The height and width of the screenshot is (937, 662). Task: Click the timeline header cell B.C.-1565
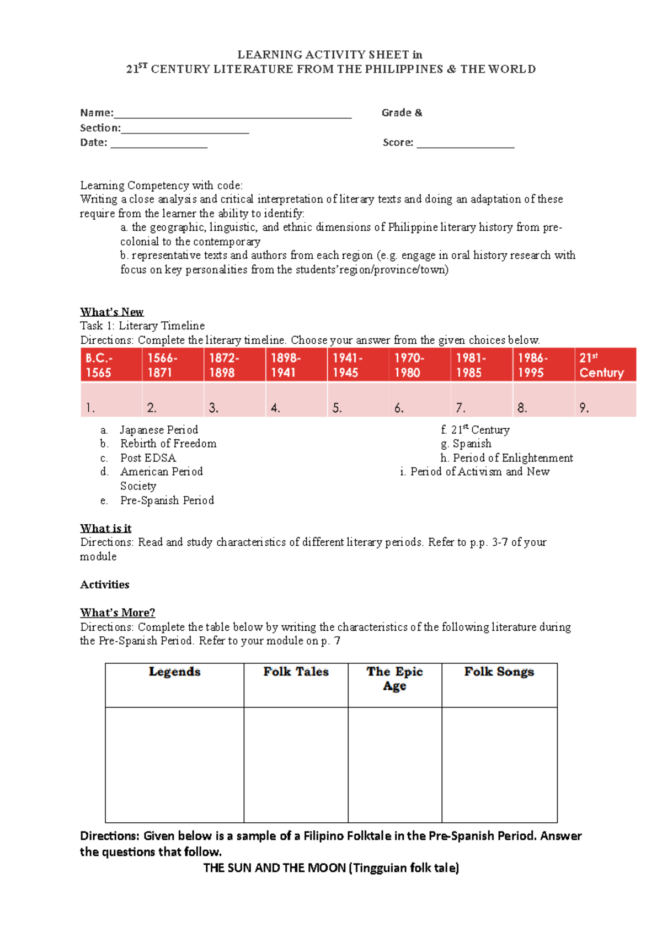(111, 365)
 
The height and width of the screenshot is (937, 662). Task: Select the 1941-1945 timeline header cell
(358, 365)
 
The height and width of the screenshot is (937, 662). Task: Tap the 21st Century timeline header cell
(605, 365)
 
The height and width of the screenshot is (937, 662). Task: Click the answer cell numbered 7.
(481, 400)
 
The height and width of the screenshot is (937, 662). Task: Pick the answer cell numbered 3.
(234, 400)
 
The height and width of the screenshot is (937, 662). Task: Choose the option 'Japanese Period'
(159, 430)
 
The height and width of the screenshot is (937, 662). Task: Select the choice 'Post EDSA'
(148, 458)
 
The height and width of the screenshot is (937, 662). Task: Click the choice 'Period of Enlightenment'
(512, 458)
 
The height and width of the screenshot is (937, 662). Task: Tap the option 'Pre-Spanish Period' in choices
(167, 501)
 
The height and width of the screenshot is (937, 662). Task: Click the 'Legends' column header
(174, 672)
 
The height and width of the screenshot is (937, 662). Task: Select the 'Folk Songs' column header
(499, 672)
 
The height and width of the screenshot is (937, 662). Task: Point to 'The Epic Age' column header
(394, 679)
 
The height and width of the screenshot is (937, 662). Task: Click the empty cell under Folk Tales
(296, 764)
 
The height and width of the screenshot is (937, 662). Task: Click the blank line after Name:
(232, 114)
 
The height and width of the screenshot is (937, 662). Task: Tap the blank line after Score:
(465, 144)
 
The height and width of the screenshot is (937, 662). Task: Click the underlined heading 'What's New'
(111, 312)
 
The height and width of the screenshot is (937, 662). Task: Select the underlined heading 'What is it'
(105, 528)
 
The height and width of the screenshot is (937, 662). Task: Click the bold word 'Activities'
(105, 584)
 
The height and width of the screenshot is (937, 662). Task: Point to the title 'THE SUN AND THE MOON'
(275, 867)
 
